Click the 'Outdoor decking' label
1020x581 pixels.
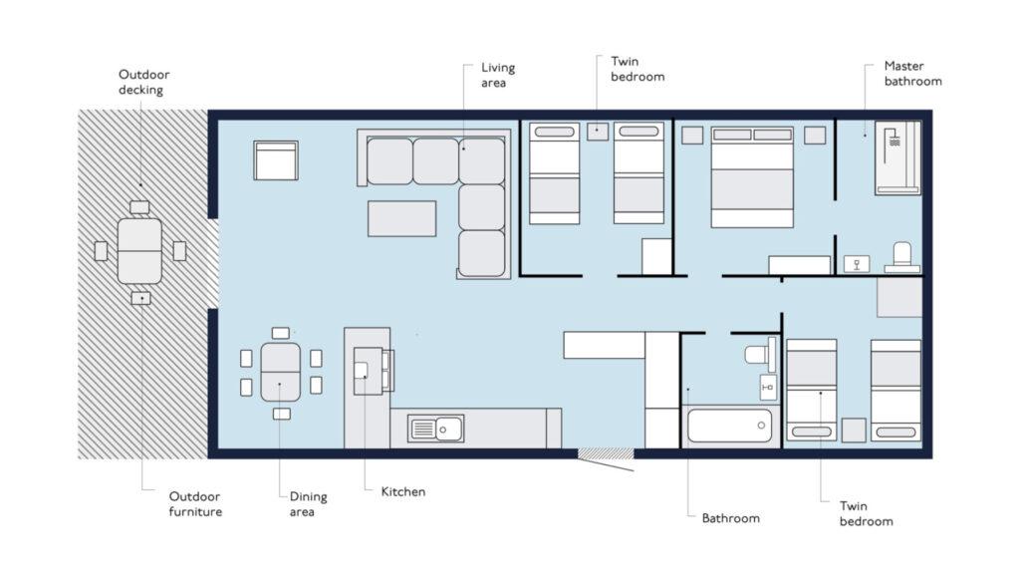[x=143, y=82]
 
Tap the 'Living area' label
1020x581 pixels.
[x=498, y=75]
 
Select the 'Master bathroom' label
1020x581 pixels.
[x=912, y=74]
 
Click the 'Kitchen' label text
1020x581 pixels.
[x=403, y=492]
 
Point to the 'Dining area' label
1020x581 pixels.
[x=308, y=504]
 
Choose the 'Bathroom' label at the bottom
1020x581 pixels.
[x=730, y=518]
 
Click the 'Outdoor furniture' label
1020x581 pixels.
[x=195, y=504]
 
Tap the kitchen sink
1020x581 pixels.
[x=436, y=429]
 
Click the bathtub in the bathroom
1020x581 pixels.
[x=729, y=427]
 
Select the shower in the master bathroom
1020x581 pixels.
[x=897, y=157]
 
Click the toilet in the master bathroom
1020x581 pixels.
[x=902, y=257]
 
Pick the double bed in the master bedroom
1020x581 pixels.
[x=752, y=177]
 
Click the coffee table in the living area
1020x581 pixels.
[x=402, y=218]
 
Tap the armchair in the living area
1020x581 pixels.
[x=276, y=160]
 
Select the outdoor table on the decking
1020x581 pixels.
[x=139, y=251]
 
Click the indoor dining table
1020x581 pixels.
[x=280, y=372]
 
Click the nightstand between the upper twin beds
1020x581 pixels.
[x=598, y=132]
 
